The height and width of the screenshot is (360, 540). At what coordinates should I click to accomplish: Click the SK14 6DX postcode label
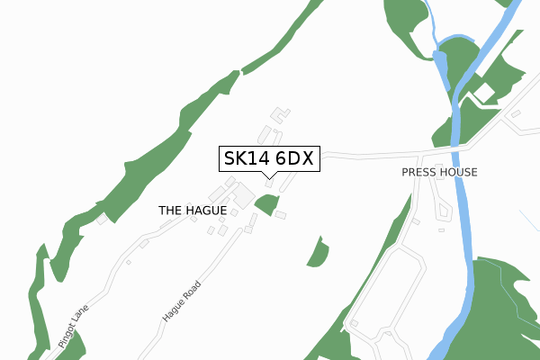click(x=268, y=159)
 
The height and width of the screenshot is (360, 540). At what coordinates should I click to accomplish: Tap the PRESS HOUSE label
click(x=439, y=172)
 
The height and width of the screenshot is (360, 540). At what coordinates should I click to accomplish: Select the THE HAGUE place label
click(x=192, y=210)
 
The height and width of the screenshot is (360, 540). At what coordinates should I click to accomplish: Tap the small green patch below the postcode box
click(x=266, y=204)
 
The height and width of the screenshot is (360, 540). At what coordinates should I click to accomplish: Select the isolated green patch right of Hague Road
click(x=318, y=253)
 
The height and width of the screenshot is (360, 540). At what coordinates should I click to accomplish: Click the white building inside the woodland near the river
click(x=484, y=92)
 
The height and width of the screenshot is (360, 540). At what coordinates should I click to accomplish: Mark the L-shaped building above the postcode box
click(x=282, y=114)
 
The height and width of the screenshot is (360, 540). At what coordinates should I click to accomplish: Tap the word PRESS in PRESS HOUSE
click(x=420, y=172)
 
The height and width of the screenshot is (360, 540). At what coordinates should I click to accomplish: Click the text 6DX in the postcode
click(x=293, y=159)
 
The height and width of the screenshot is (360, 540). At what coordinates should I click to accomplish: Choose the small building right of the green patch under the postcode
click(x=280, y=215)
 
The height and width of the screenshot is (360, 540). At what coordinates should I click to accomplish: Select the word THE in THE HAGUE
click(x=170, y=210)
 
